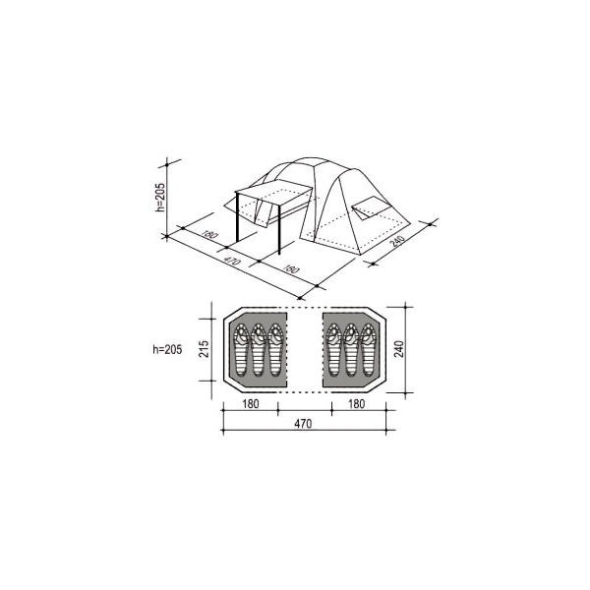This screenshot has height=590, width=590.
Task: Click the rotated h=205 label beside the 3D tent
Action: [x=160, y=198]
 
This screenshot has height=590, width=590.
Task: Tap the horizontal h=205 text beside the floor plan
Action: [x=167, y=349]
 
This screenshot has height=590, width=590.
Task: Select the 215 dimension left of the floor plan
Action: [x=204, y=349]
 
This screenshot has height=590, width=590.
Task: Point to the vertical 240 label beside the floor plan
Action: [x=399, y=349]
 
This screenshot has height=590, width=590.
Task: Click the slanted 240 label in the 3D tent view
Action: [x=397, y=241]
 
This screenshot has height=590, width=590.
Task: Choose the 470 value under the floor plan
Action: [x=303, y=424]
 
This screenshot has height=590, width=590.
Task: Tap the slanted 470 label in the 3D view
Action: [x=231, y=260]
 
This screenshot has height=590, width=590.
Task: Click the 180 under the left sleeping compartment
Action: [x=251, y=404]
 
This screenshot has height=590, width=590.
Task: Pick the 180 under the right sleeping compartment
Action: [x=356, y=404]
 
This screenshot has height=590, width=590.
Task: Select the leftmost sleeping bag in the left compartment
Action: [x=241, y=350]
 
